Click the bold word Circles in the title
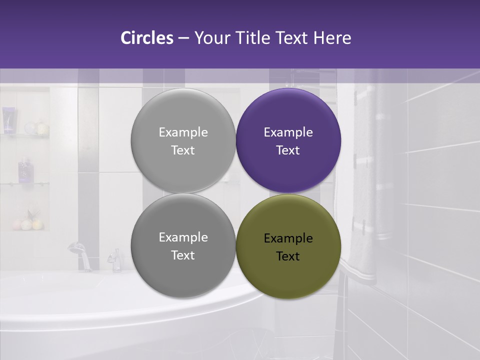coord(146,38)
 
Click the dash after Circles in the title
coord(183,38)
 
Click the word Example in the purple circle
coord(288,132)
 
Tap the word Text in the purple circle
coord(288,150)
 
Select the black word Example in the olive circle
coord(288,238)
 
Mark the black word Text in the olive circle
coord(288,256)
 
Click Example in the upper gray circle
coord(183,132)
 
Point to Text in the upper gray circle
coord(183,150)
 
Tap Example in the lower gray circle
coord(183,237)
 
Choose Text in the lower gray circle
coord(183,255)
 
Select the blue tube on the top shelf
coord(7,120)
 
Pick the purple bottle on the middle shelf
coord(24,169)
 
